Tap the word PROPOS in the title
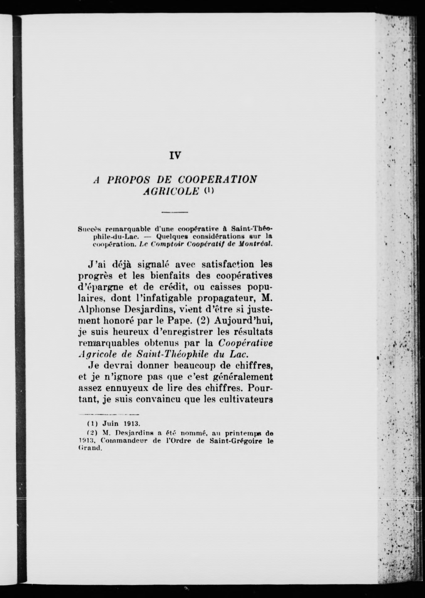[128, 179]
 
